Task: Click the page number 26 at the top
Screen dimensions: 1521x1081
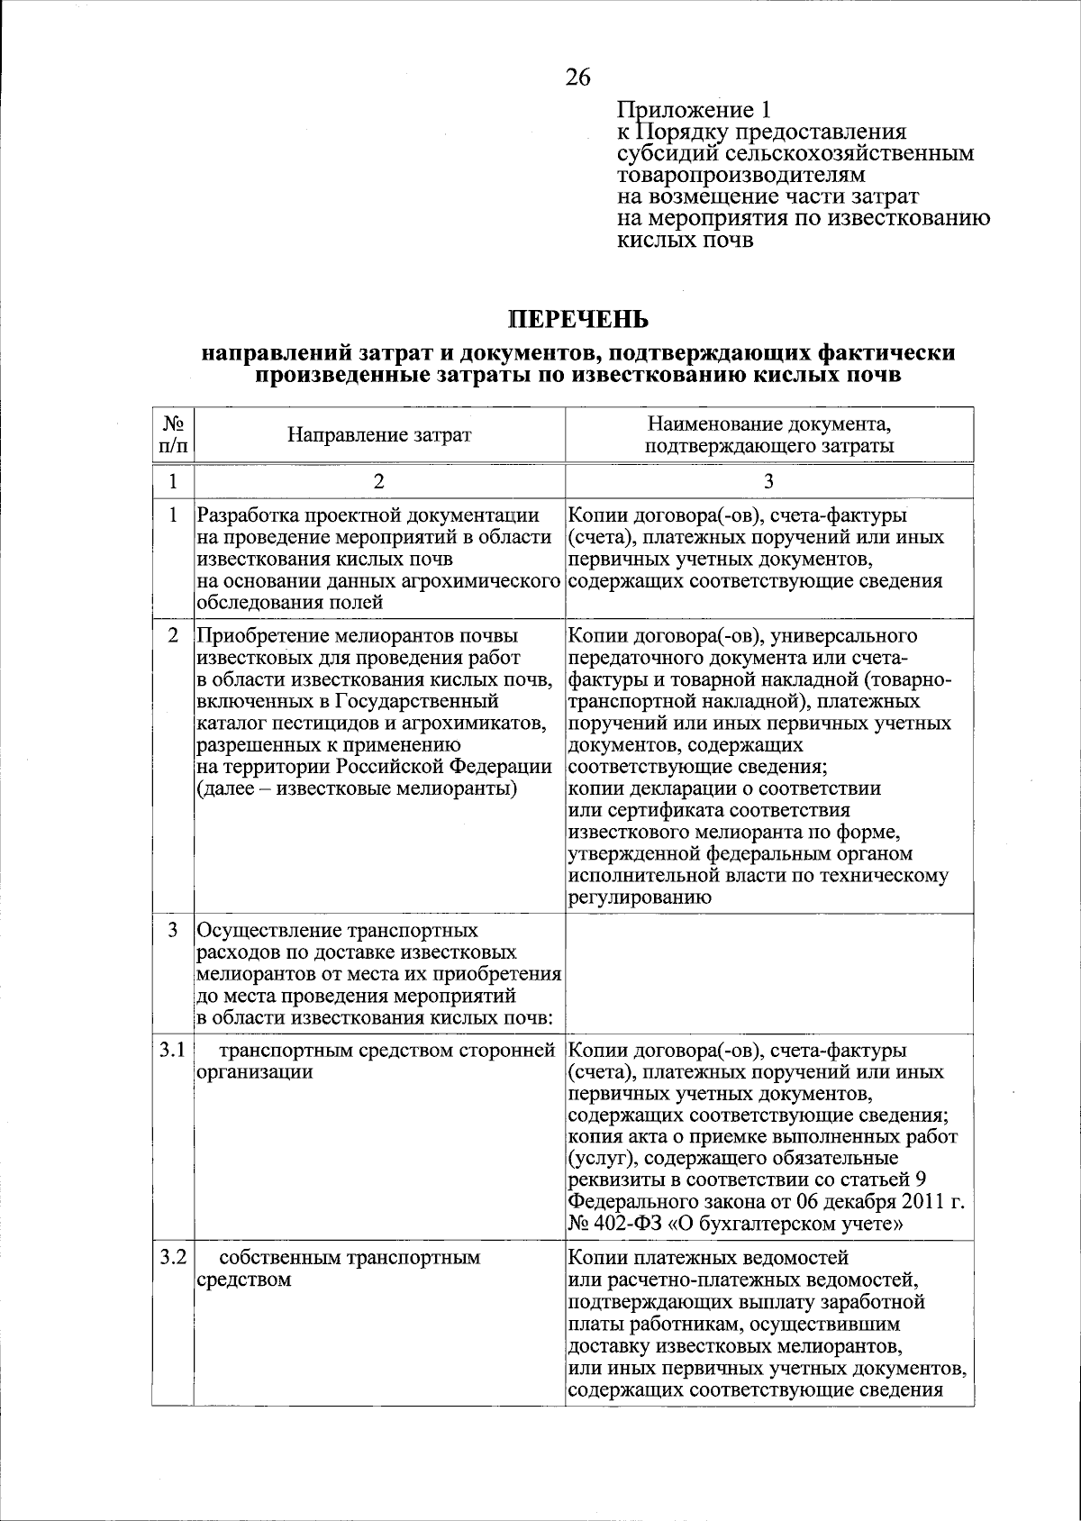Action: [577, 77]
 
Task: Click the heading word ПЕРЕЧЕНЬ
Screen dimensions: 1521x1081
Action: [577, 319]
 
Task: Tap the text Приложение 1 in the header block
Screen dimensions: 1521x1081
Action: [694, 110]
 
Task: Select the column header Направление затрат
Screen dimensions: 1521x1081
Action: [379, 435]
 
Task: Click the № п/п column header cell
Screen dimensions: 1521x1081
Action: [172, 435]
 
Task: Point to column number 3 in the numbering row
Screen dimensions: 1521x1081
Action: [768, 481]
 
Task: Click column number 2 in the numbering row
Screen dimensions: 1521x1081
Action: [379, 481]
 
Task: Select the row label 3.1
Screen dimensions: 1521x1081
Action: [172, 1051]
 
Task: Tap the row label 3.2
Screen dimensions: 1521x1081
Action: [172, 1257]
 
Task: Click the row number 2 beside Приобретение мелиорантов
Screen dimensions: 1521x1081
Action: [172, 636]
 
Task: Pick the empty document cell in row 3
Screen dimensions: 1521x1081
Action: [768, 974]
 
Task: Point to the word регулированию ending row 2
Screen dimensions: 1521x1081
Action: [640, 897]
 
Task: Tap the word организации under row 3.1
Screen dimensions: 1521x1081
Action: [255, 1072]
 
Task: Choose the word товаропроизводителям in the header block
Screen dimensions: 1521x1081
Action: [740, 175]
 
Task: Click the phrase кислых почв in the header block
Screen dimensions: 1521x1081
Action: [685, 241]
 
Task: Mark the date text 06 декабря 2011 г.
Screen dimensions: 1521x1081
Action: [882, 1203]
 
